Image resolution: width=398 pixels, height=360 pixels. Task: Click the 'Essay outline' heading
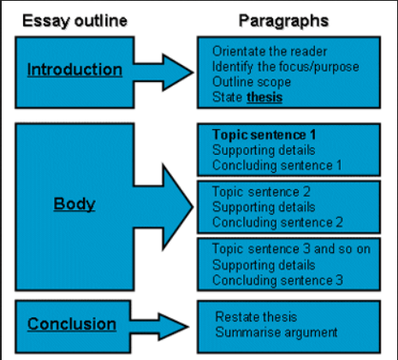(x=74, y=21)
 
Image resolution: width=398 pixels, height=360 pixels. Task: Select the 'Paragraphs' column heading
(x=283, y=21)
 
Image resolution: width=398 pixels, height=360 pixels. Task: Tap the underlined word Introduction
(x=74, y=70)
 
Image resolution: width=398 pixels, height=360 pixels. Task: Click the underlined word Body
(x=74, y=204)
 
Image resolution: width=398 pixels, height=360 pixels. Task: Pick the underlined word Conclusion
(x=72, y=324)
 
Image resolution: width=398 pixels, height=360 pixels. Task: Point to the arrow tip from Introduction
(x=193, y=73)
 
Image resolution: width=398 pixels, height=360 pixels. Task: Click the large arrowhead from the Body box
(x=177, y=207)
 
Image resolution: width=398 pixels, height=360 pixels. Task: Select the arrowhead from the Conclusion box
(x=174, y=327)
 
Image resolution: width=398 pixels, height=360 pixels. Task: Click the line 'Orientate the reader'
(x=270, y=51)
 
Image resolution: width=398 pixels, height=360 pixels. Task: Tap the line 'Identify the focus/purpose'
(x=286, y=67)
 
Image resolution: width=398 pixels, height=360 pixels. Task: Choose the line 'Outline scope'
(x=252, y=82)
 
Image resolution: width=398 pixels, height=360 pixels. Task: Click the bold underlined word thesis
(x=264, y=97)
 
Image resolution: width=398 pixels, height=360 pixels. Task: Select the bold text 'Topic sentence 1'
(x=264, y=135)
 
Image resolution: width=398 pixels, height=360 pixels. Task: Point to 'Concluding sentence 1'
(x=277, y=166)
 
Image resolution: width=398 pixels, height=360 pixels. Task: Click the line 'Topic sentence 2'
(x=261, y=192)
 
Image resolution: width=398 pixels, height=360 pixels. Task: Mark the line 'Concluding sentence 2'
(x=277, y=222)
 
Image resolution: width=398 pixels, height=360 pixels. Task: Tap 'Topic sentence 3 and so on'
(x=291, y=249)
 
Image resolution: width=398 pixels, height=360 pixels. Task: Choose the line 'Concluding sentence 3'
(x=277, y=280)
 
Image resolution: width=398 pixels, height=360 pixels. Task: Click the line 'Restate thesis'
(x=256, y=317)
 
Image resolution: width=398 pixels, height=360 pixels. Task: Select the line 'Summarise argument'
(x=276, y=333)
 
